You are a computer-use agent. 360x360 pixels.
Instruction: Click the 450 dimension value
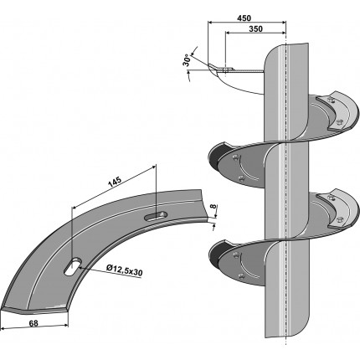click(x=244, y=18)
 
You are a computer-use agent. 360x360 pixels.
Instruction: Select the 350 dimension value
click(x=255, y=28)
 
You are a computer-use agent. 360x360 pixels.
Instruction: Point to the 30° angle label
click(x=188, y=60)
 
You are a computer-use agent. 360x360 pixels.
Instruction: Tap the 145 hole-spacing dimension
click(x=115, y=182)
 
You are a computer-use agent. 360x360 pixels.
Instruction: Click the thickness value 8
click(x=213, y=207)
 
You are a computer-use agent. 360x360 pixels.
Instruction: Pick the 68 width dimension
click(x=33, y=323)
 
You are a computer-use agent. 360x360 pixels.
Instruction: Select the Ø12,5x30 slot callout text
click(x=125, y=270)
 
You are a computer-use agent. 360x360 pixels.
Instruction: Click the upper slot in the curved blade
click(x=156, y=216)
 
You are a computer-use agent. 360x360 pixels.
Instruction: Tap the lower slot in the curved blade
click(x=73, y=267)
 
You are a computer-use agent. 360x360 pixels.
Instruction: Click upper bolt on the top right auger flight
click(x=331, y=100)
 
